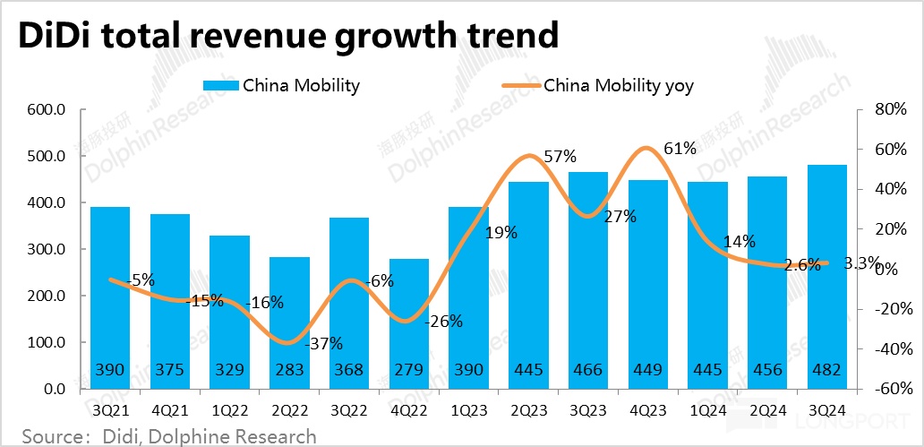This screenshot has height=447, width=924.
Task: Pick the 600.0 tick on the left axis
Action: coord(47,109)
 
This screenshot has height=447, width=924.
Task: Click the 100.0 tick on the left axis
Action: coord(47,342)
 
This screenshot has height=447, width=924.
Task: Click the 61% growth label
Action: coord(680,149)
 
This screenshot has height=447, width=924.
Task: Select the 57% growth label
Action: coord(559,157)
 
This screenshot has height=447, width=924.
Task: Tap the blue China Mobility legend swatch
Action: coord(221,86)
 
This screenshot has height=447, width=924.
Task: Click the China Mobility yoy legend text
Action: coord(619,86)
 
